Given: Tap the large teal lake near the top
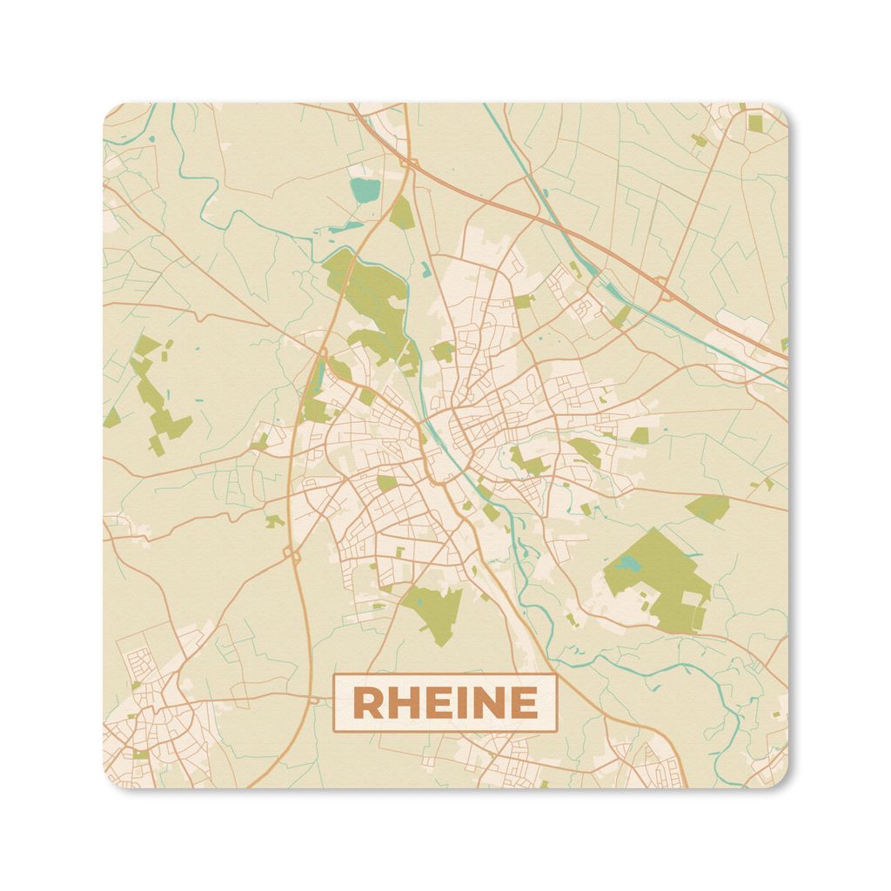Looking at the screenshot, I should pyautogui.click(x=365, y=190).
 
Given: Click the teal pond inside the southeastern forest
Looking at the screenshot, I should pyautogui.click(x=626, y=564).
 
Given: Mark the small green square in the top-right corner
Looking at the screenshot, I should pyautogui.click(x=755, y=123).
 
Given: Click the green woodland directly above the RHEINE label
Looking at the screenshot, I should pyautogui.click(x=433, y=611).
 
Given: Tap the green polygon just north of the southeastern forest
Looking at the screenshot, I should pyautogui.click(x=707, y=506).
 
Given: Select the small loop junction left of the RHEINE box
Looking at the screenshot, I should pyautogui.click(x=313, y=698).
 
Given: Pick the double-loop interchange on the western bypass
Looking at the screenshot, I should pyautogui.click(x=289, y=553).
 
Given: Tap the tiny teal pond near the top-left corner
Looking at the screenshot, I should pyautogui.click(x=151, y=138).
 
